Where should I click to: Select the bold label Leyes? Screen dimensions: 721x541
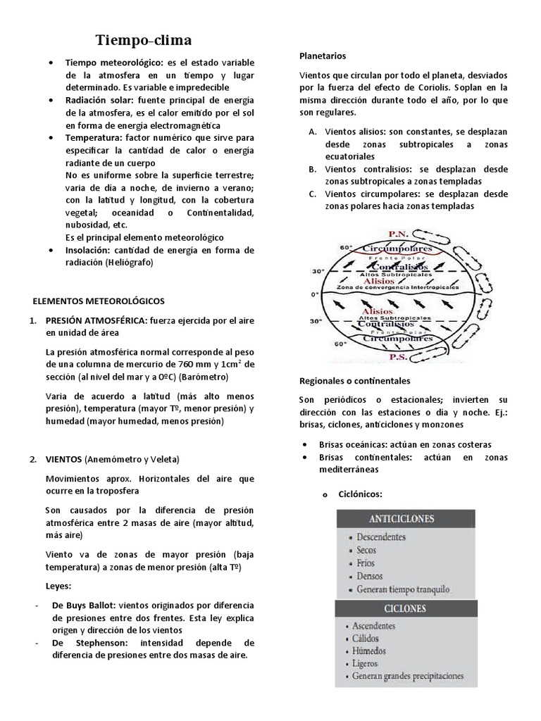58,585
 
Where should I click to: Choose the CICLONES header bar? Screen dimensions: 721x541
406,608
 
